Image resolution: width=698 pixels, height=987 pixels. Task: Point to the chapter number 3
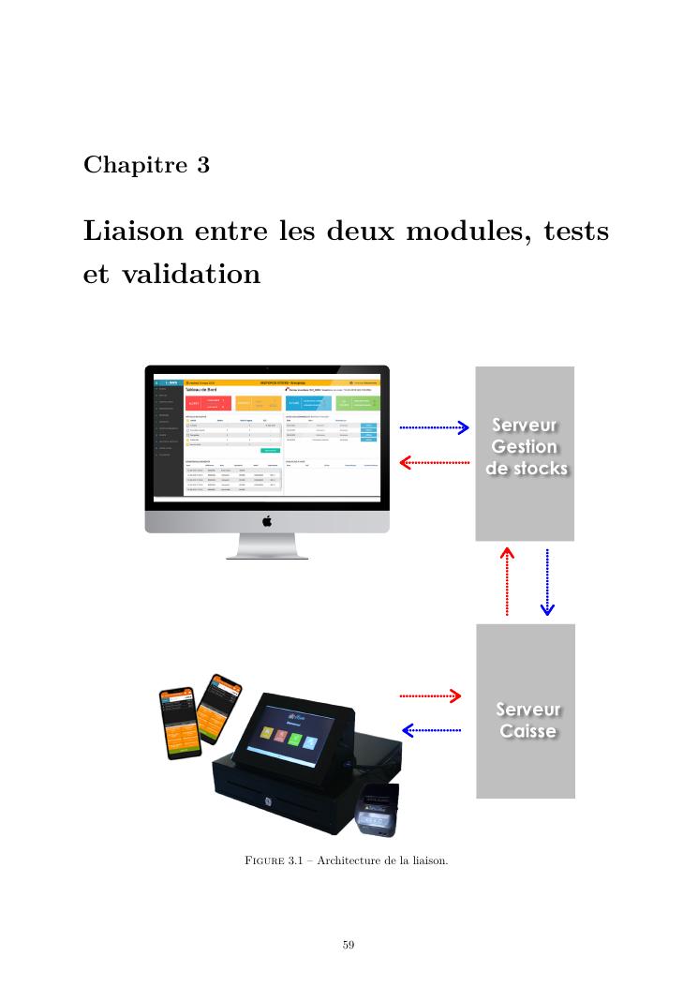[x=203, y=165]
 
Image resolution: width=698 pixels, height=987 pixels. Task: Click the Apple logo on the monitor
[x=267, y=521]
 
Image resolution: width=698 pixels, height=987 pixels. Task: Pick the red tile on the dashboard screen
[x=205, y=403]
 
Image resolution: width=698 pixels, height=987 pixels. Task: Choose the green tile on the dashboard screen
[x=357, y=403]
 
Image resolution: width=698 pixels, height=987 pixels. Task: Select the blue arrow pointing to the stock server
[x=434, y=428]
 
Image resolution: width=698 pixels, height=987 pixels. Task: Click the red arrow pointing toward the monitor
[x=434, y=462]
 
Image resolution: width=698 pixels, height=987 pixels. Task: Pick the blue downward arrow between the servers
[x=547, y=582]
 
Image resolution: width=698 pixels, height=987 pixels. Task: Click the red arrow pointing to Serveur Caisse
[x=431, y=695]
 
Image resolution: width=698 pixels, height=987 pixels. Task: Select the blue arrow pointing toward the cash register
[x=431, y=729]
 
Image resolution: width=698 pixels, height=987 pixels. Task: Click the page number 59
[x=349, y=945]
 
